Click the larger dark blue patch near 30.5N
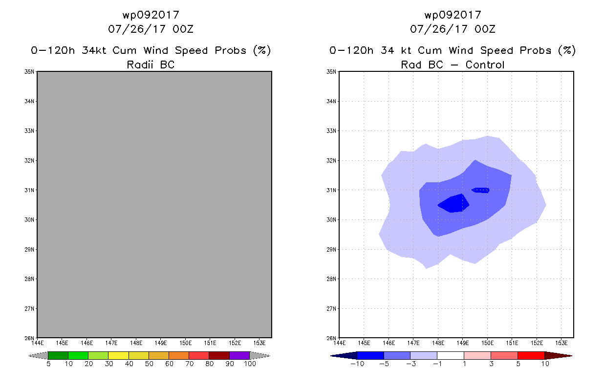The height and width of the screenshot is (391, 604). (453, 204)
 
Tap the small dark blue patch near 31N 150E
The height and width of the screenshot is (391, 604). (480, 191)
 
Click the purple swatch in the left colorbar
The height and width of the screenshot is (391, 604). (239, 356)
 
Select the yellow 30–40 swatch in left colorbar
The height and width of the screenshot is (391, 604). (119, 356)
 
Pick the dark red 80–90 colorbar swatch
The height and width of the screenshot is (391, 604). (219, 356)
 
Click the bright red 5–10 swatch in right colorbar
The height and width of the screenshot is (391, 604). (531, 356)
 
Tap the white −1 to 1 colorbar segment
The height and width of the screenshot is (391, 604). (451, 356)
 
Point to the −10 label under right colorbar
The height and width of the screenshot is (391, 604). (357, 364)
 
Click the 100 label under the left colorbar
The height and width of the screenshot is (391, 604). (250, 364)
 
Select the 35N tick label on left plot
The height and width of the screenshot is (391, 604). (29, 72)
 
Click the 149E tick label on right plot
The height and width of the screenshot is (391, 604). (463, 343)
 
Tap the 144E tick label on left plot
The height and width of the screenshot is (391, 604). (38, 343)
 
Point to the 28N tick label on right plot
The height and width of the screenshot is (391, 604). (331, 279)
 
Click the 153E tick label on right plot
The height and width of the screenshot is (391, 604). (561, 343)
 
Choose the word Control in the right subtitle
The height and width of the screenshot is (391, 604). (485, 65)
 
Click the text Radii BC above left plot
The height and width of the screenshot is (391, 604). (151, 65)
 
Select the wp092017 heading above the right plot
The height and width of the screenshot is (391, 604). (453, 15)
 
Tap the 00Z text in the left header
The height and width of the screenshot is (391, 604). (183, 29)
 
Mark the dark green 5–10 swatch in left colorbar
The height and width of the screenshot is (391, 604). (58, 356)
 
